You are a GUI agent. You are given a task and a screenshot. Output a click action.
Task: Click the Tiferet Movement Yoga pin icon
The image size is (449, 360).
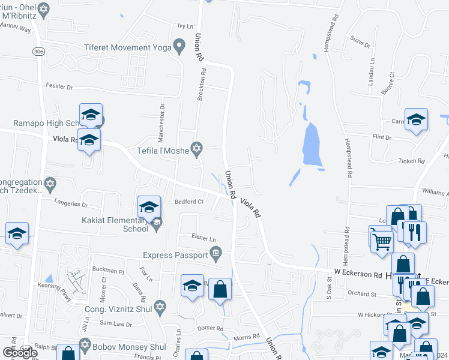point(178,47)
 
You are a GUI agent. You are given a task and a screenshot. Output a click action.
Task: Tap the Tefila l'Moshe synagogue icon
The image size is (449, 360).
point(196,148)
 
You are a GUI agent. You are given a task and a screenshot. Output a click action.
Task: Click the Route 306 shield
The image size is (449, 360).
point(39,52)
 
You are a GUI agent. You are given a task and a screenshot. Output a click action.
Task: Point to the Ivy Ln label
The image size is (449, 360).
point(185,26)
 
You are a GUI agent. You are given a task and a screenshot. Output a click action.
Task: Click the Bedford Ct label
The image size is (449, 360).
point(190,202)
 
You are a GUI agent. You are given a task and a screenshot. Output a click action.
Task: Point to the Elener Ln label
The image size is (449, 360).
point(203,236)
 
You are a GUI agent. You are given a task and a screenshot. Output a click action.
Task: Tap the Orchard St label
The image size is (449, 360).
point(362,293)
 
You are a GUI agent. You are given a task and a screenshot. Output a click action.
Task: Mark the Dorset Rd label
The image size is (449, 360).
point(211,329)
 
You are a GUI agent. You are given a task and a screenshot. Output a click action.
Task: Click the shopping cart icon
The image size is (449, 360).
point(382,242)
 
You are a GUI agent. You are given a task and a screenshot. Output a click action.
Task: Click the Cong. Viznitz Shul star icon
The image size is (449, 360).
point(159,307)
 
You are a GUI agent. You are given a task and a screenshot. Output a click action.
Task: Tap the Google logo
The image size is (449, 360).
point(20,353)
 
